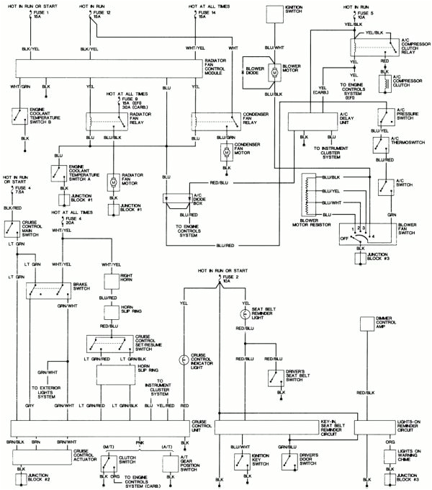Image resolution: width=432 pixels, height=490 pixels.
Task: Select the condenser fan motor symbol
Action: [226, 152]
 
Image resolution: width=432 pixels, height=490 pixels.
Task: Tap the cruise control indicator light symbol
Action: [184, 359]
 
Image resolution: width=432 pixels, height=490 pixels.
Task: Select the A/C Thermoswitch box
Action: [380, 144]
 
